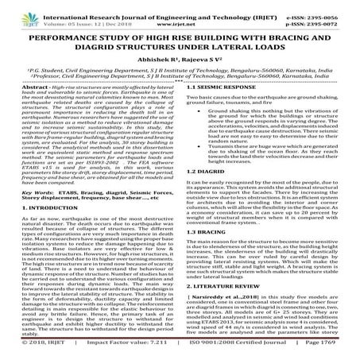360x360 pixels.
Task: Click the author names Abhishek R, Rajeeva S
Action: pyautogui.click(x=180, y=69)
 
